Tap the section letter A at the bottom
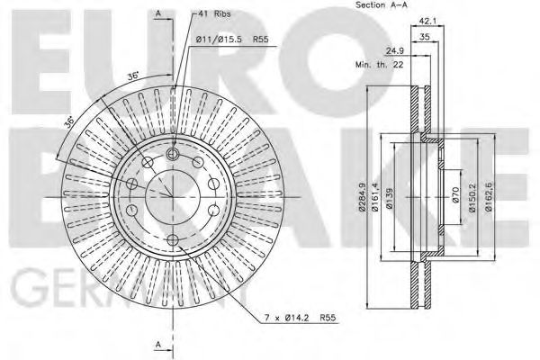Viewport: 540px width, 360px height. click(x=157, y=346)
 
